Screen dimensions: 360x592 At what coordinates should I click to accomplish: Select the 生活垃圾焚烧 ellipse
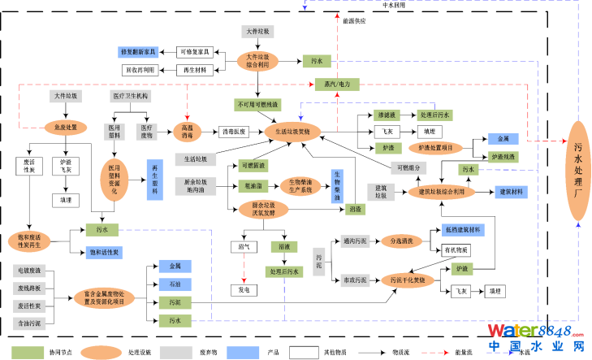click(292, 130)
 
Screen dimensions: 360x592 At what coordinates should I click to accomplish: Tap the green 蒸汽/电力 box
click(331, 84)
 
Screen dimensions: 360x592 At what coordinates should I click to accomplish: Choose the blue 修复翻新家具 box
click(142, 52)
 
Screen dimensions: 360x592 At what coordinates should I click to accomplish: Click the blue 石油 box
click(175, 284)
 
